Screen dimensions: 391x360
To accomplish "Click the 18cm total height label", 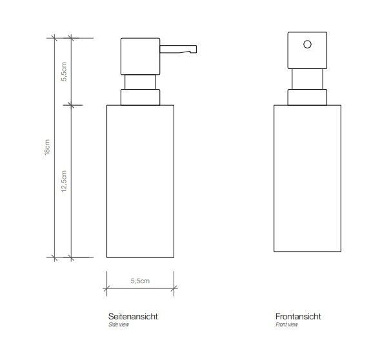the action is coord(47,147).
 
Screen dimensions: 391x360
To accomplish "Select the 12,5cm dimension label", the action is coord(64,181).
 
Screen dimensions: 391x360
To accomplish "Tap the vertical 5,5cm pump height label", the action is coord(64,72).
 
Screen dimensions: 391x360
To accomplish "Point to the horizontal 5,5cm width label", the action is coord(140,281).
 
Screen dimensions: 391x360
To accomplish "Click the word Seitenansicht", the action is coord(133,316).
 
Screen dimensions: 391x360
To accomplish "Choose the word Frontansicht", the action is coord(298,316).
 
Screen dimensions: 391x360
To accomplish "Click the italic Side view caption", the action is coord(119,325).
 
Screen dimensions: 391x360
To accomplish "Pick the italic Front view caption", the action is coord(286,325).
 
